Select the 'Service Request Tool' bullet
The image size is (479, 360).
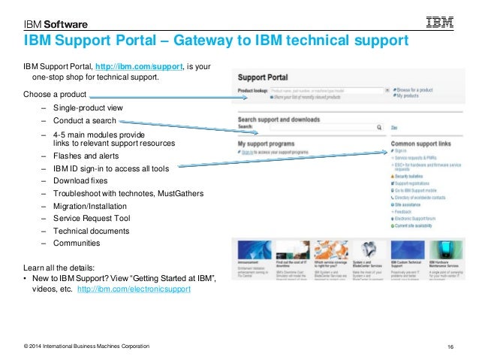pyautogui.click(x=92, y=218)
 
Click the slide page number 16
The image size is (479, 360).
pyautogui.click(x=451, y=346)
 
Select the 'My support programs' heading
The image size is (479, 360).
pyautogui.click(x=268, y=142)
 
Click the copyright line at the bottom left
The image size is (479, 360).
pyautogui.click(x=86, y=346)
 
